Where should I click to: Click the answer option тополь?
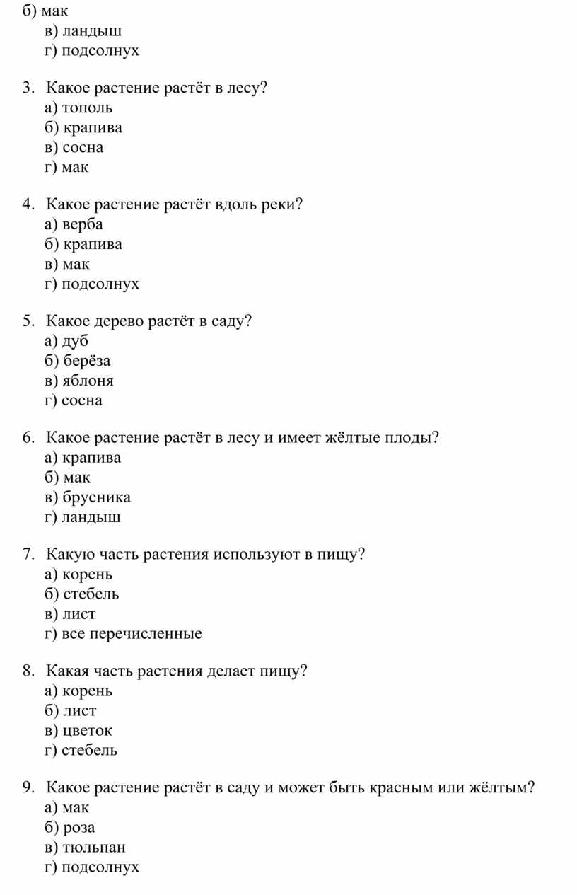point(86,108)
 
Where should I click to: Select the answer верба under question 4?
point(82,224)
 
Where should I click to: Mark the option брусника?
point(95,497)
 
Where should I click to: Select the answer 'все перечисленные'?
point(132,633)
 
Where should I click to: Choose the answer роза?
point(79,827)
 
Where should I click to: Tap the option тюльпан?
point(93,847)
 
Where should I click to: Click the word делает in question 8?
point(230,671)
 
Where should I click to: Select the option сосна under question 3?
point(82,148)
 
